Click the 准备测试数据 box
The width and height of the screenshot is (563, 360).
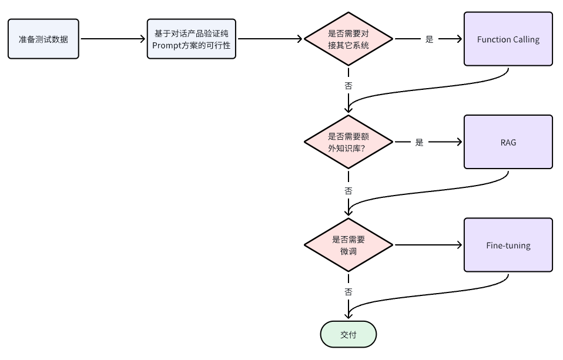(x=43, y=39)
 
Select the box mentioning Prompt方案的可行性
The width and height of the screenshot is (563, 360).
(x=192, y=39)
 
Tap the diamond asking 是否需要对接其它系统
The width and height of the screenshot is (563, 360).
(x=348, y=39)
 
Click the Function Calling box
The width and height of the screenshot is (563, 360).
(x=508, y=39)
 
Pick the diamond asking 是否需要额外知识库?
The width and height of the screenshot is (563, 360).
(x=348, y=142)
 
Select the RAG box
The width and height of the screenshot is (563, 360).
(x=508, y=142)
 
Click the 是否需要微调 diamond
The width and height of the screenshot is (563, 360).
(x=348, y=245)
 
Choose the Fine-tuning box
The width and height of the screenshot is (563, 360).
(x=508, y=245)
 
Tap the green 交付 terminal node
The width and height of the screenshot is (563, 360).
(x=348, y=334)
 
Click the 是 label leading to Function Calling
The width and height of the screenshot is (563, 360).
(x=430, y=39)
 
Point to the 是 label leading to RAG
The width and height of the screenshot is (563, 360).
(x=420, y=142)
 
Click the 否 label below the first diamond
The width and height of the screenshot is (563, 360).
(x=348, y=86)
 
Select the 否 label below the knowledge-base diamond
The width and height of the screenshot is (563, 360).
(x=348, y=191)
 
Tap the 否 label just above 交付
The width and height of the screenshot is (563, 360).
(x=348, y=292)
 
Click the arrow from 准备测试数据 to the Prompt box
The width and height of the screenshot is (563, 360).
(x=113, y=39)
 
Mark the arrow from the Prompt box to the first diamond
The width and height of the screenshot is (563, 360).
(x=270, y=39)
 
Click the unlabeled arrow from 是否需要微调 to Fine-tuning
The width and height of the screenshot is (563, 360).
(x=428, y=245)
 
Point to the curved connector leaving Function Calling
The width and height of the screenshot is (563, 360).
(x=427, y=88)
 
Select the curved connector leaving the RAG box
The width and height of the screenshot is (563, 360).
(x=427, y=191)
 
